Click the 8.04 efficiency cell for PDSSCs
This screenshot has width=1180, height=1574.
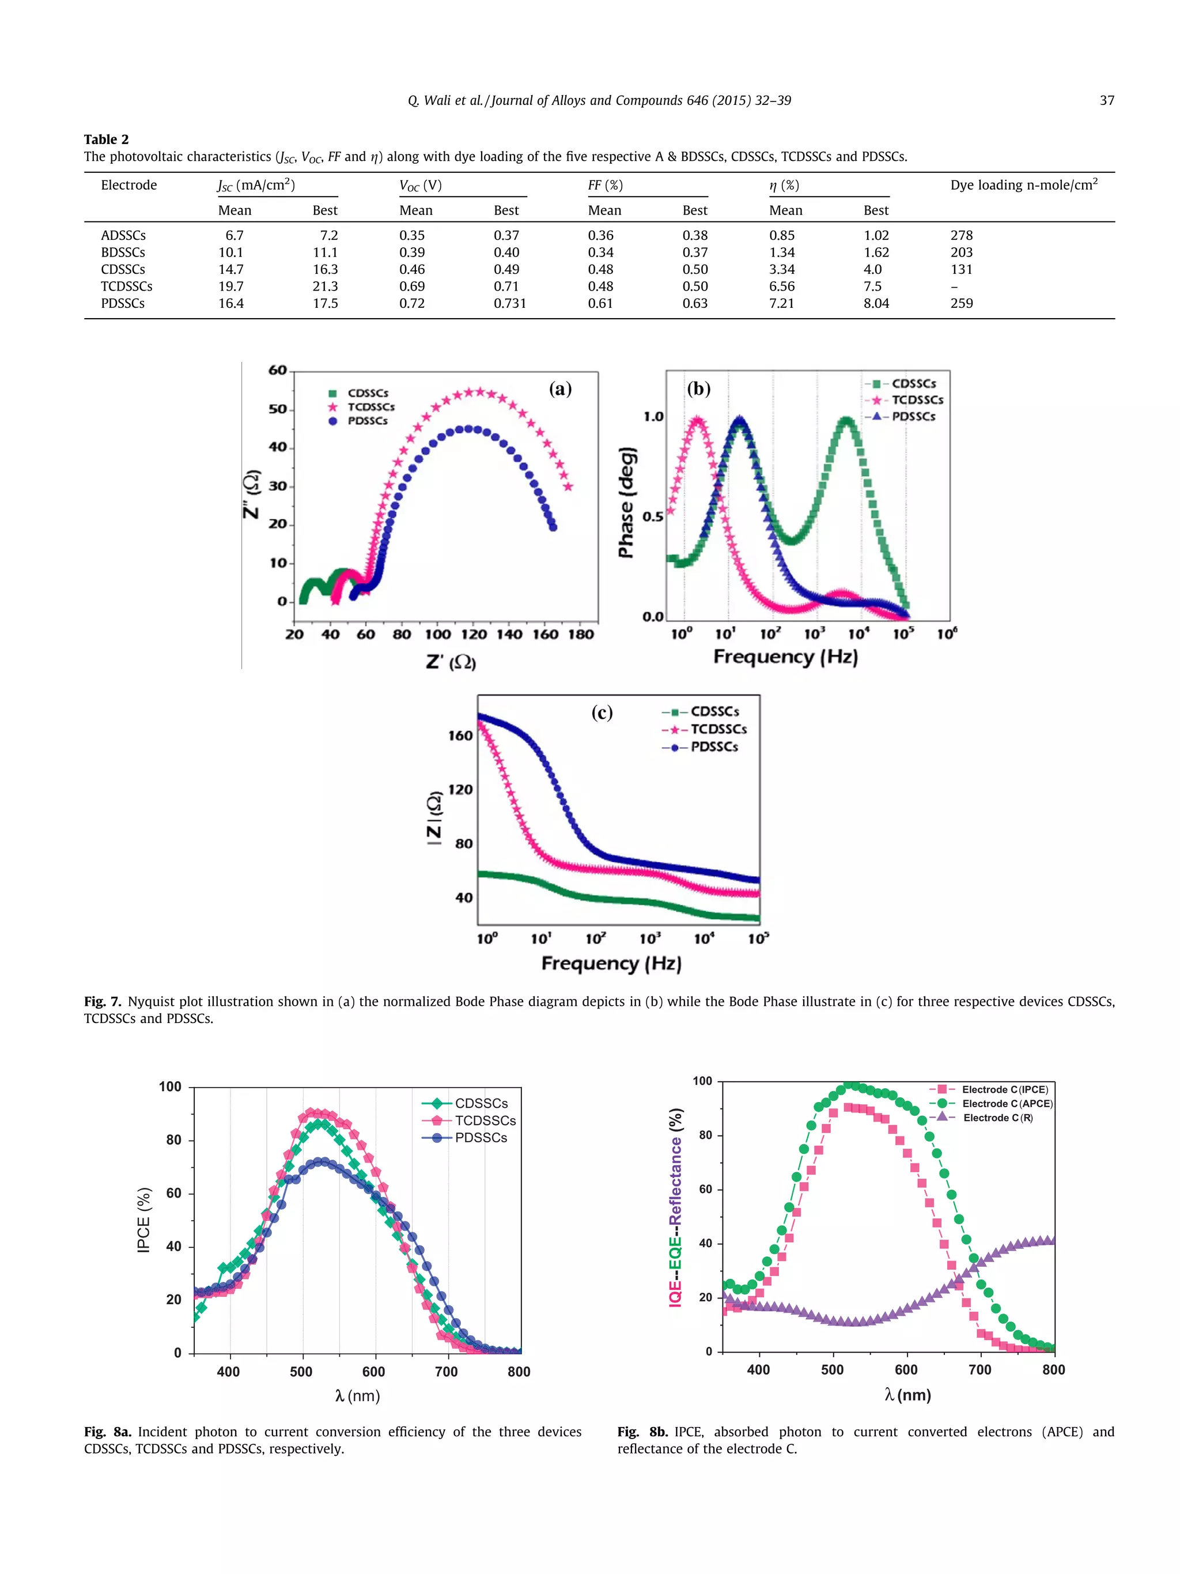pos(876,303)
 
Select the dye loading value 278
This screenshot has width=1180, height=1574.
pos(961,235)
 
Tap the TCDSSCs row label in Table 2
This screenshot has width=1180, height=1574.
pos(127,286)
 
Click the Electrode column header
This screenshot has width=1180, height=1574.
pos(128,185)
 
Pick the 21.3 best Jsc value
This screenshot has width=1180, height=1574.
pos(325,286)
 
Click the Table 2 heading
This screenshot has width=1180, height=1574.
pos(106,139)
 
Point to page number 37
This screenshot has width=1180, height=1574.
pos(1106,100)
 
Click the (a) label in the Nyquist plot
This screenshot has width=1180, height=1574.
pos(560,388)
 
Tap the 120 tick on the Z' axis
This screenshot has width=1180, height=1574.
pos(473,634)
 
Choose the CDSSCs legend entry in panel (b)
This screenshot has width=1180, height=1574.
pos(913,383)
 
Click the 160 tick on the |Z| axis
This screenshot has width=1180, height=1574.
pos(460,735)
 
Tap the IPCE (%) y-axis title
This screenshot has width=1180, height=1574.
pos(143,1220)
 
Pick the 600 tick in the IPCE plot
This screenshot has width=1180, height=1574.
pos(373,1371)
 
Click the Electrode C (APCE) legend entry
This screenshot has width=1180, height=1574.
pos(1007,1104)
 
